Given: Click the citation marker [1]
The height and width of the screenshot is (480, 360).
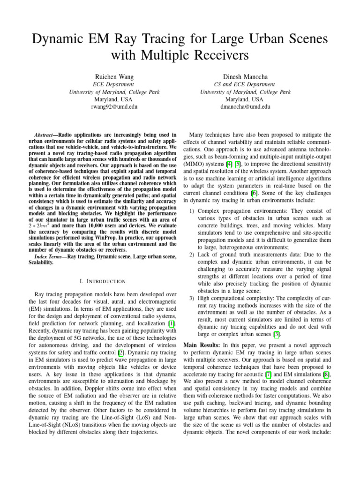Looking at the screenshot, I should tap(172, 323).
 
